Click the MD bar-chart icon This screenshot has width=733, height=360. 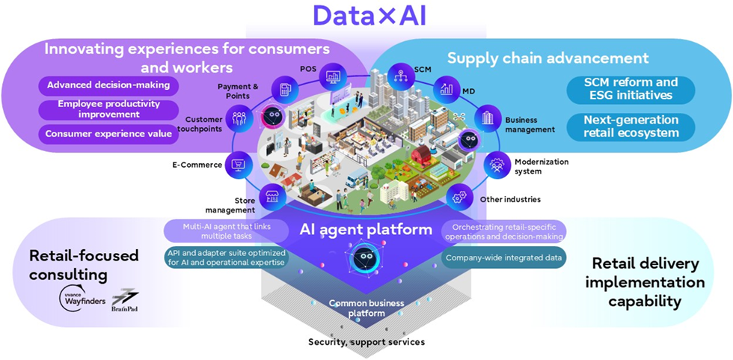(447, 89)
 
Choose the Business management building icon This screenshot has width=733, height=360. (488, 118)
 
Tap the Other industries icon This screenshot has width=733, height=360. (459, 198)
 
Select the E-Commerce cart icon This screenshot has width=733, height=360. (240, 164)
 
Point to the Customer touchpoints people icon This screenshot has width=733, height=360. (240, 118)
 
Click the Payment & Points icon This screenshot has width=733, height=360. (284, 90)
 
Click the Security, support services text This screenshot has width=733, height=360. (366, 342)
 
